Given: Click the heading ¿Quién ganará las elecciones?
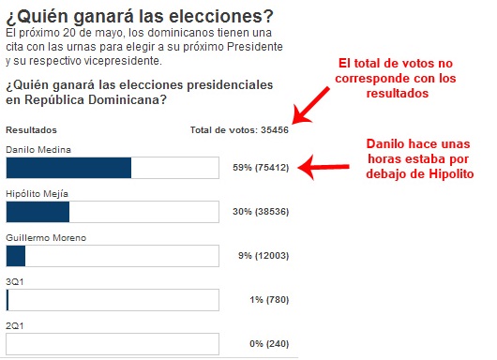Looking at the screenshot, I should click(x=140, y=15).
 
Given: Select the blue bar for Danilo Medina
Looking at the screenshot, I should click(x=68, y=168).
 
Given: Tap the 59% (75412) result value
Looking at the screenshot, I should click(x=260, y=168).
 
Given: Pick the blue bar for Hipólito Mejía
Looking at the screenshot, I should click(x=38, y=212).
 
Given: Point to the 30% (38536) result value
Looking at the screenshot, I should click(x=260, y=213).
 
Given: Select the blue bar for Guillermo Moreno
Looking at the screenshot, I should click(x=16, y=256).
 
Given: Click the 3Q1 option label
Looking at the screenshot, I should click(x=14, y=280).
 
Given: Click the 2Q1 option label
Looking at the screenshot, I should click(x=14, y=323).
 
